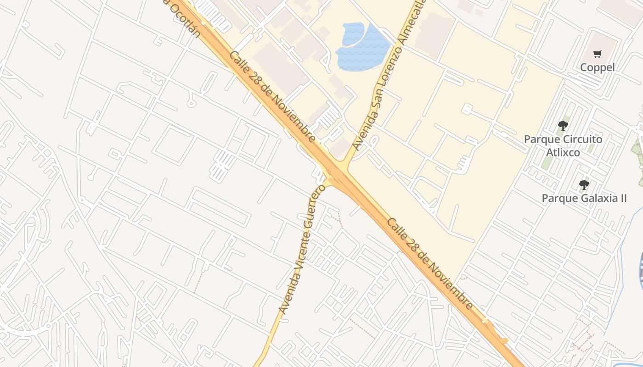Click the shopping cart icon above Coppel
(x=597, y=54)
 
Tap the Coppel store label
(x=597, y=67)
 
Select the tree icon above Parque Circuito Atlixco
(x=563, y=126)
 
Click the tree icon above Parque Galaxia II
(x=584, y=185)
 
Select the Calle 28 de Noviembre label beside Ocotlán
(x=272, y=96)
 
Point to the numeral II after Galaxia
(x=622, y=198)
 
